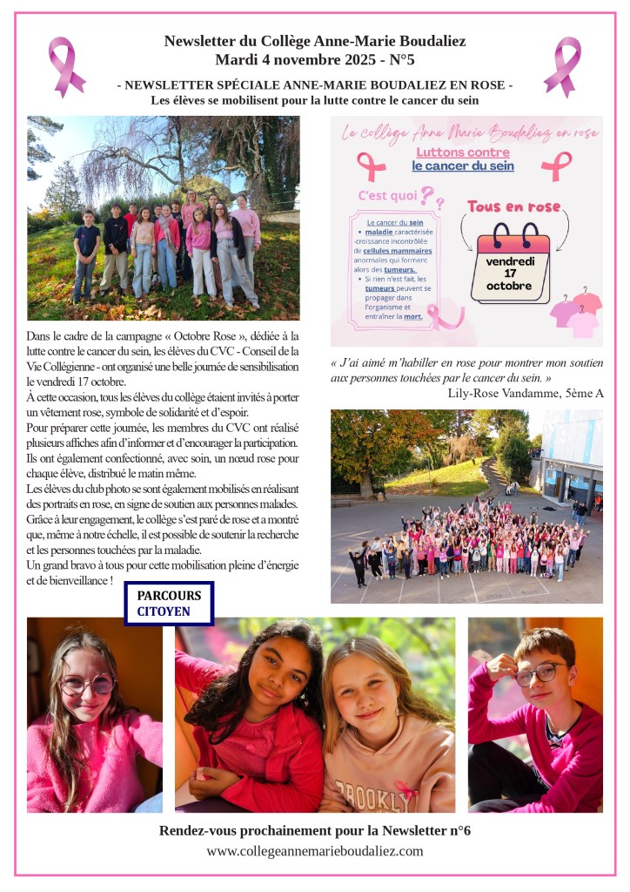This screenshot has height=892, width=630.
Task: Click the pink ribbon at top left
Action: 66,66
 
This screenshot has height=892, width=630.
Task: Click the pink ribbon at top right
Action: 562,66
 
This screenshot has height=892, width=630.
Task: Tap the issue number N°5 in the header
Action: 399,61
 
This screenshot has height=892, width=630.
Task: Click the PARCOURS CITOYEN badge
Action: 169,603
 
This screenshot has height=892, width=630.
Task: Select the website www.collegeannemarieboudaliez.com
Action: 314,851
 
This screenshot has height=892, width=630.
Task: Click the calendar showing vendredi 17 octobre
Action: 510,262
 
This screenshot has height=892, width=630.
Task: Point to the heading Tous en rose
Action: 513,206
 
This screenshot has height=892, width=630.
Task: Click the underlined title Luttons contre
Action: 463,152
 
